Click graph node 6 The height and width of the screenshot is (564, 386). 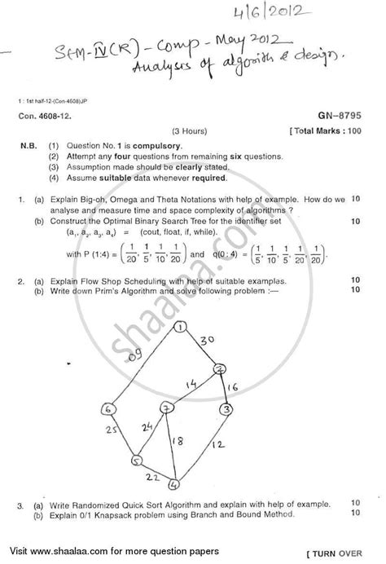tap(107, 408)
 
